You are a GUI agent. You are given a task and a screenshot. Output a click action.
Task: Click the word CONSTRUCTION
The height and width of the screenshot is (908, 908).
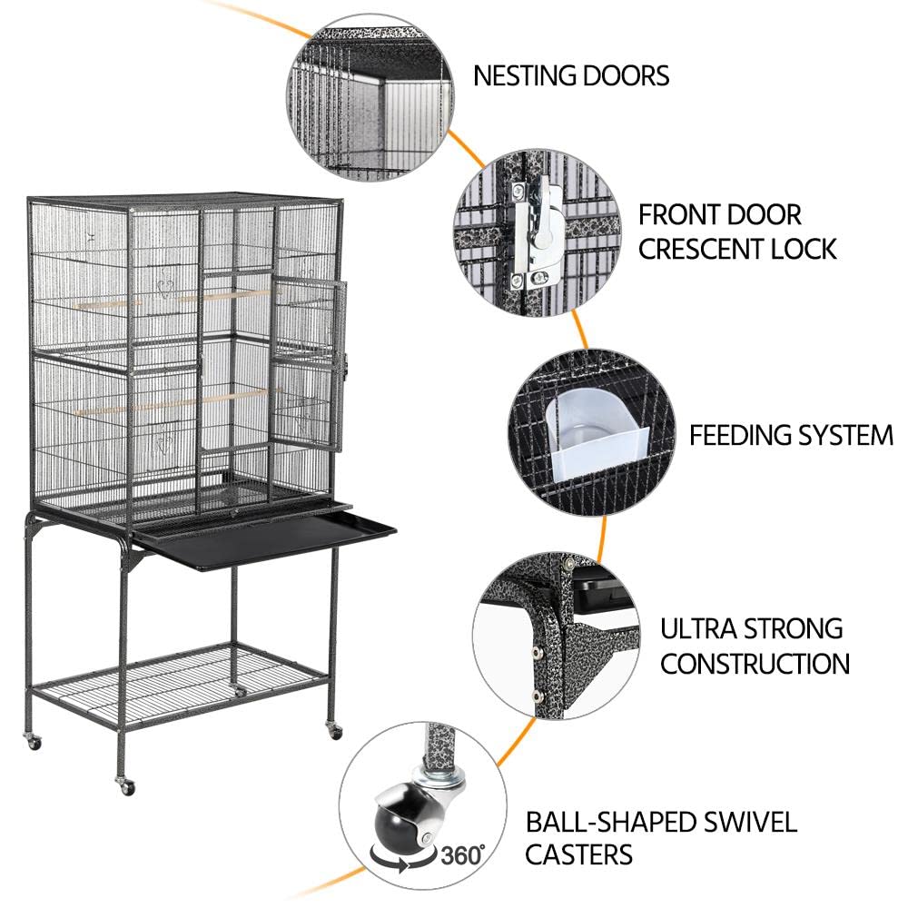pos(755,663)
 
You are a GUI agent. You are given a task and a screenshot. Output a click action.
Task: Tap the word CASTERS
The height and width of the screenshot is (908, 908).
pos(578,854)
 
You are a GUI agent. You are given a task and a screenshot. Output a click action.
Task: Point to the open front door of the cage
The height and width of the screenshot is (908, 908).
pos(309,363)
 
